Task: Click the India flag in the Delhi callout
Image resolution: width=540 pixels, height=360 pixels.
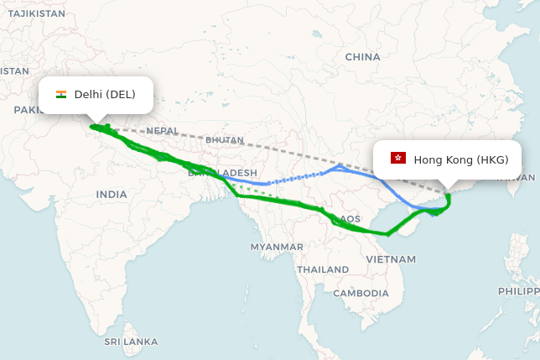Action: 61,94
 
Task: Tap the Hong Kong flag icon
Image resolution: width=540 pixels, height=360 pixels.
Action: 398,159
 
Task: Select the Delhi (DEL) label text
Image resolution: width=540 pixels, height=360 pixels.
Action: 105,94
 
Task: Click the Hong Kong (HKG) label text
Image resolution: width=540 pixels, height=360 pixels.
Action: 460,159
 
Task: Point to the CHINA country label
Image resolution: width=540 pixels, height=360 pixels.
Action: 362,57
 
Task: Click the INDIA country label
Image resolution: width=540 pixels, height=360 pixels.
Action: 112,194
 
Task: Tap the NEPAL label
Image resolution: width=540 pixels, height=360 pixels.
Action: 162,131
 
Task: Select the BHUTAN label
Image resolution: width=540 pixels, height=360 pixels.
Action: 224,140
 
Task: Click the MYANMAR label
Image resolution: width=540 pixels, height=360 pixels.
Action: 277,247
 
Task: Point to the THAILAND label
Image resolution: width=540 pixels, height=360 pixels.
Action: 322,269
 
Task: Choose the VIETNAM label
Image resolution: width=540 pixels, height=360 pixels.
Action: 391,260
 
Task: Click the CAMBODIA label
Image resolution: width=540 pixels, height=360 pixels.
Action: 361,293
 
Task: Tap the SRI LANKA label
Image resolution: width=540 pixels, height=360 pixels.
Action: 131,342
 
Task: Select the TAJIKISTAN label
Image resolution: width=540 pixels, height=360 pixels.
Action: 33,13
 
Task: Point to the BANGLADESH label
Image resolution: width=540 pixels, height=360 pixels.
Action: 223,172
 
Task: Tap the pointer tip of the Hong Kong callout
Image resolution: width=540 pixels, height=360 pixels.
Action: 447,190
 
